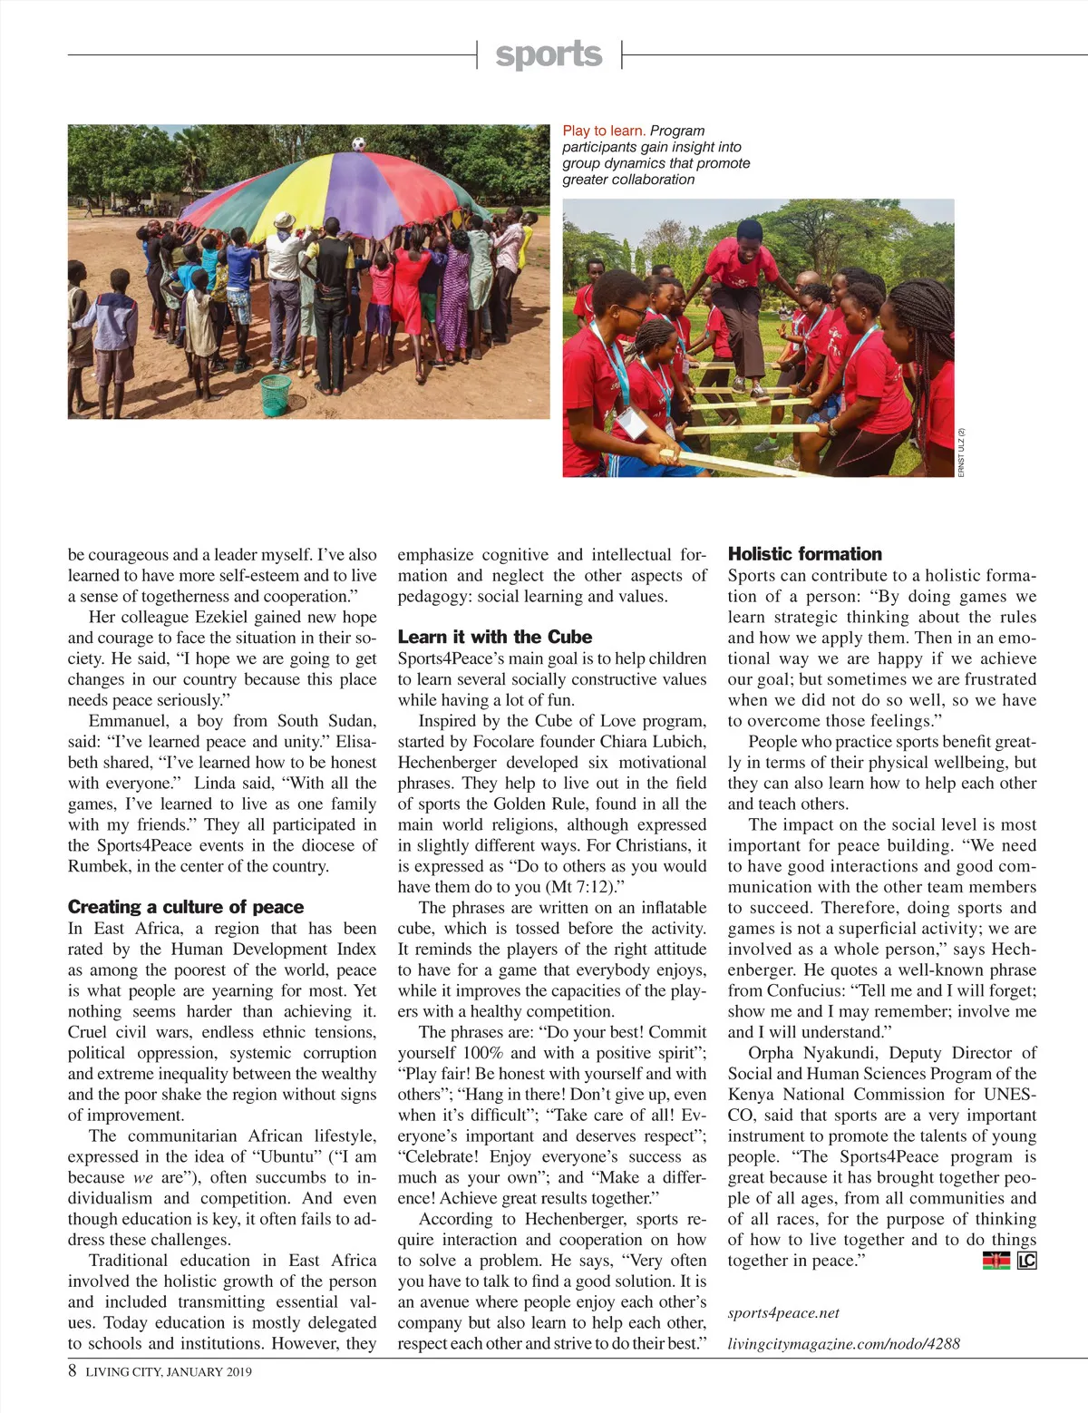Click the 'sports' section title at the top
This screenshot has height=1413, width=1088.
pos(549,54)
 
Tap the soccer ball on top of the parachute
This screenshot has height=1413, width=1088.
pos(358,143)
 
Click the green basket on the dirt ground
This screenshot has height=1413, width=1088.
pos(276,395)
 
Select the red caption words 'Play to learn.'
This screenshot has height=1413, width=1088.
pos(604,131)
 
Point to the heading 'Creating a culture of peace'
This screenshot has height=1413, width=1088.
pos(186,907)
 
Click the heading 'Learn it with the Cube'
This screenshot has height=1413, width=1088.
pos(495,637)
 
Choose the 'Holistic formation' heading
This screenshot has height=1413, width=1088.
pos(805,554)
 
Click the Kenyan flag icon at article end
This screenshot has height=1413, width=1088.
pos(996,1261)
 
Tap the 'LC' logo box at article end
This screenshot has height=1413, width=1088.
pos(1026,1261)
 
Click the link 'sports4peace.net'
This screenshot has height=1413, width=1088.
pos(783,1312)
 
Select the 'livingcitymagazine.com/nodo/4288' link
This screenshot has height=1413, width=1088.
pos(843,1344)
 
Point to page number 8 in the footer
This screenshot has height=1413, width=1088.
pos(73,1371)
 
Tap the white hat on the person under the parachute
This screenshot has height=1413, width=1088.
pos(284,220)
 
